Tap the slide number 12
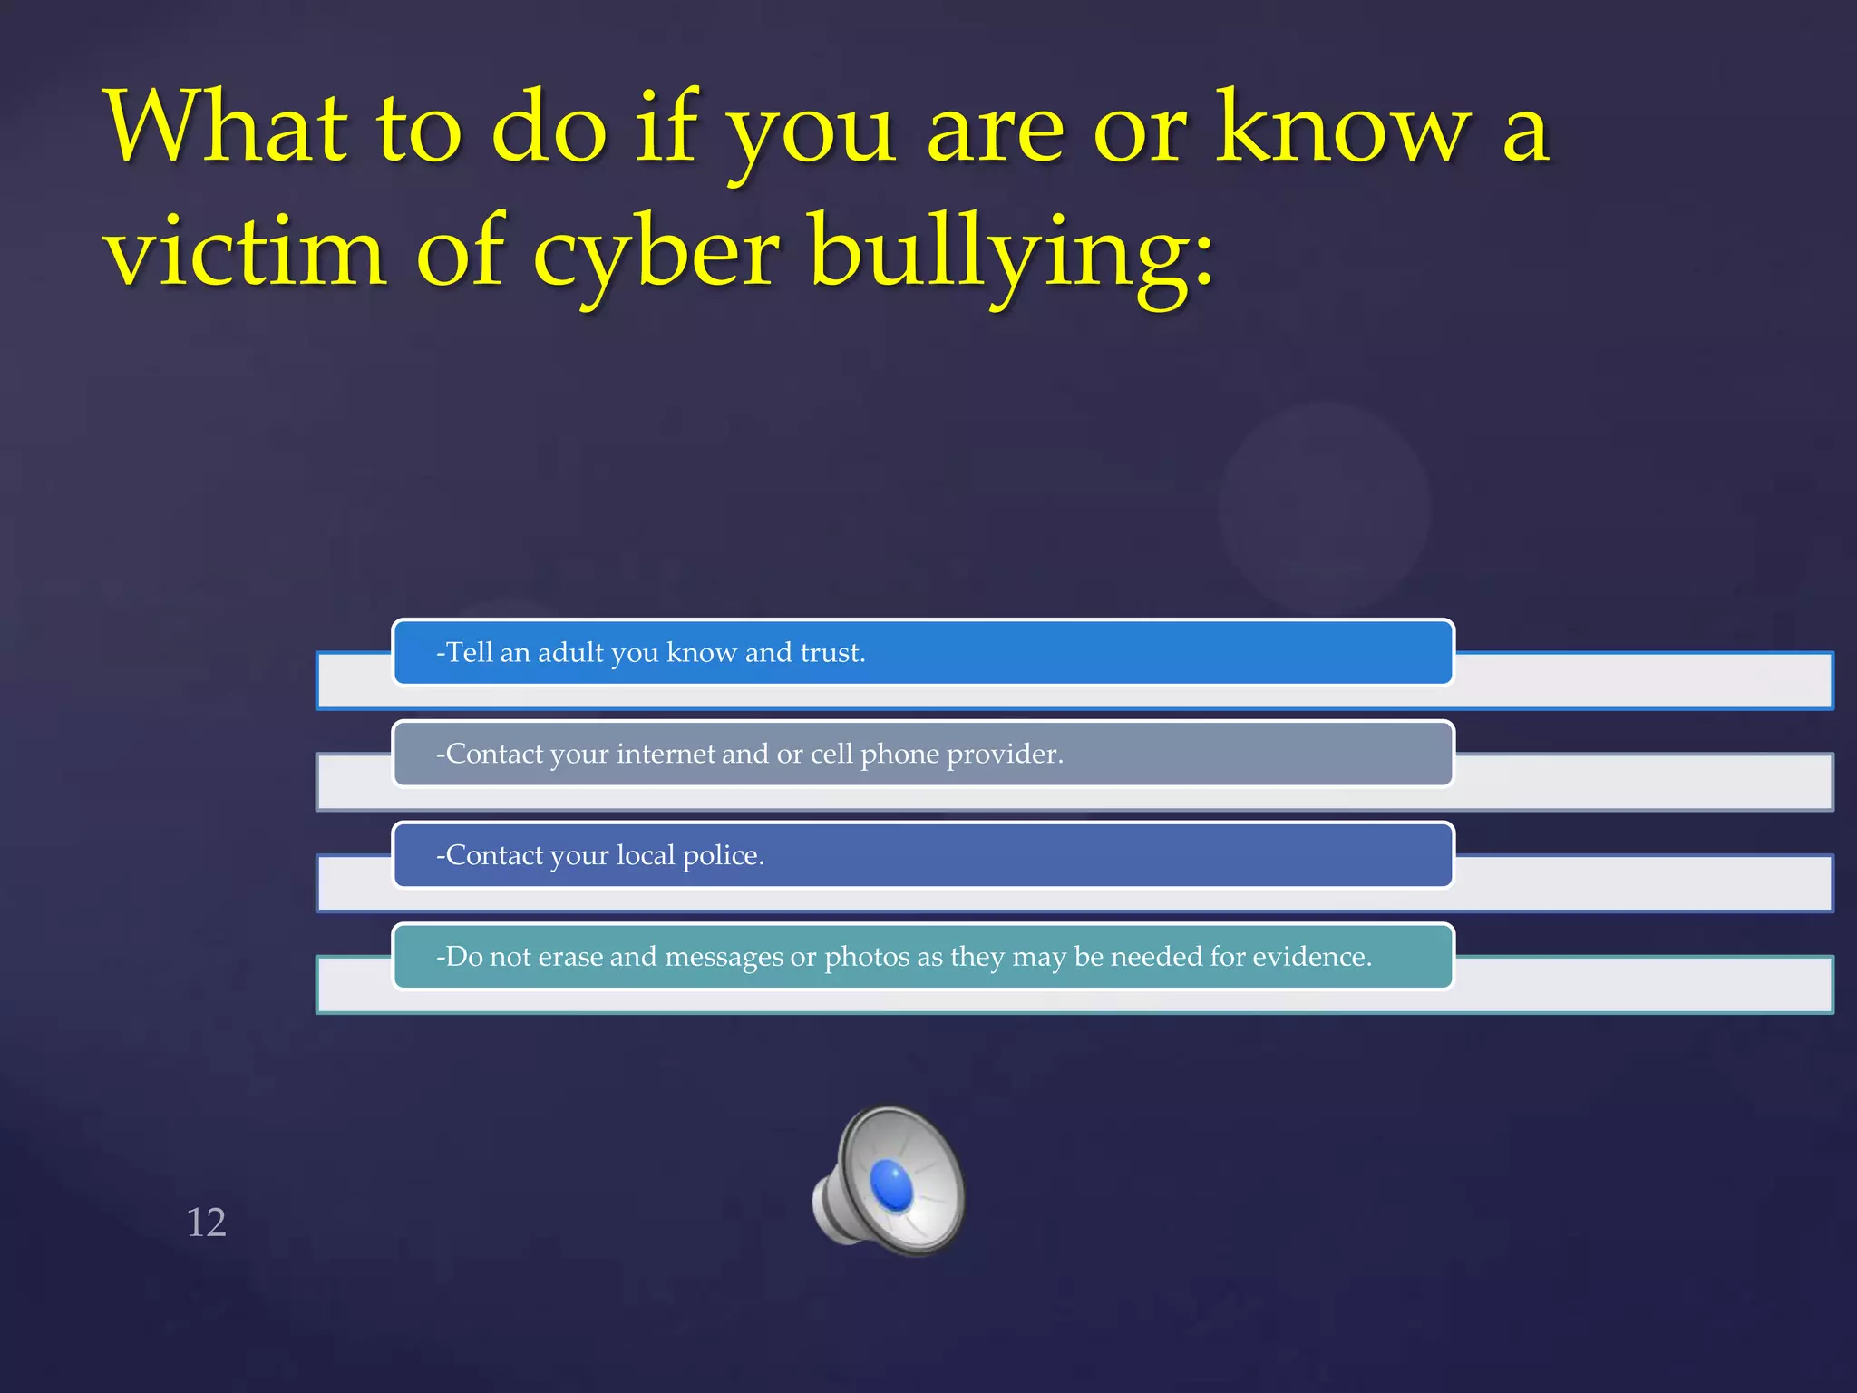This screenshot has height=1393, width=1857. pos(206,1223)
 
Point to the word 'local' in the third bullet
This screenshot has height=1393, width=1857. pos(646,856)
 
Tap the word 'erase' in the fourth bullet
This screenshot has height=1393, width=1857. pos(570,958)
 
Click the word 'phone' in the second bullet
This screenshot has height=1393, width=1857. pos(899,755)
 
